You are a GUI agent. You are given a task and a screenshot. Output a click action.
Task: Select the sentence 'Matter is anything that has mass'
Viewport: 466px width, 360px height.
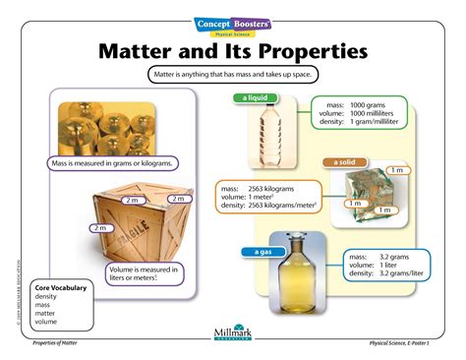tap(233, 75)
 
